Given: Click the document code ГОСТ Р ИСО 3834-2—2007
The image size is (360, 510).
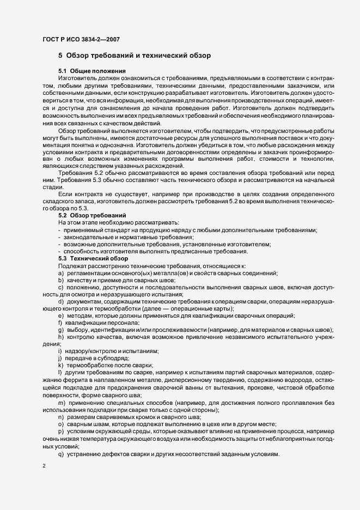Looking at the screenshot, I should pos(81,39).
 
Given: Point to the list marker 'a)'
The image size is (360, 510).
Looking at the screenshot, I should pos(60,272).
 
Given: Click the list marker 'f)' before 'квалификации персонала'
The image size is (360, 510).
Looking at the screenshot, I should pos(60,323).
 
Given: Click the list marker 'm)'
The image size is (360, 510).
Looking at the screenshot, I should pos(62,402).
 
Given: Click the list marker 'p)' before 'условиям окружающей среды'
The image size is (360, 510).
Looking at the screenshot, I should pos(60,430).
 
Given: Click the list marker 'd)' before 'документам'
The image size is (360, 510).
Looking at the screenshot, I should pos(60,301).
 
